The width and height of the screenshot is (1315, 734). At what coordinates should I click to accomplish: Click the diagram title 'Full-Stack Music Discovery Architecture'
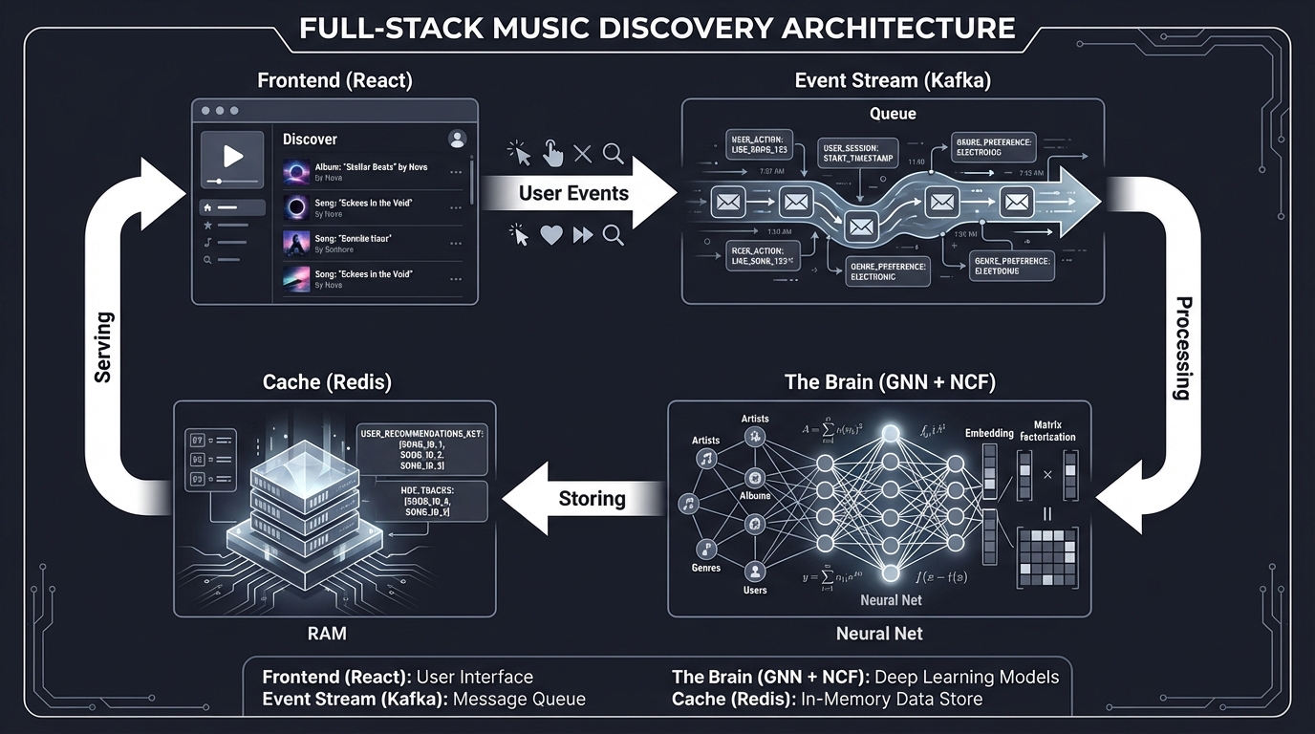[657, 27]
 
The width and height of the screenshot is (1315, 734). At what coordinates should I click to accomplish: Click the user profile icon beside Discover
[457, 139]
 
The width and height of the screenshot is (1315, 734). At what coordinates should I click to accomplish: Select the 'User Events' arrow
[573, 193]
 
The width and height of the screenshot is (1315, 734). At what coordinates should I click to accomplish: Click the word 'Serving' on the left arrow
[103, 347]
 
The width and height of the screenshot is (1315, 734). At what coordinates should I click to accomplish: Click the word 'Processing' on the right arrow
[1182, 348]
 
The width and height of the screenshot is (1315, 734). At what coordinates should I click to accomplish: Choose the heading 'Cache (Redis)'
[327, 382]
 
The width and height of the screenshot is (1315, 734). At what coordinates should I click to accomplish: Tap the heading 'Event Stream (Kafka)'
[893, 80]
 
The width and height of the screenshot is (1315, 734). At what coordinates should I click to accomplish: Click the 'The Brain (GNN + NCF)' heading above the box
[890, 382]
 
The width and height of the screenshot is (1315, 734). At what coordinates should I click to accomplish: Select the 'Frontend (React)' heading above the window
[334, 80]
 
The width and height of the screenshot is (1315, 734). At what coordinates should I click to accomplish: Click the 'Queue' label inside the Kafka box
[893, 114]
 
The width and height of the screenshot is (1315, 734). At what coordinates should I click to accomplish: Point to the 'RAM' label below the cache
[327, 633]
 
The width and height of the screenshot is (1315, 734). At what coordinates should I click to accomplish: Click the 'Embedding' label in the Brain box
[989, 433]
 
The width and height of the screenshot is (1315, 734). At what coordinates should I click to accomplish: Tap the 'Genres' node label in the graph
[705, 568]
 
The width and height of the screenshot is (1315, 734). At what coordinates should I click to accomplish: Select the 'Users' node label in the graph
[755, 590]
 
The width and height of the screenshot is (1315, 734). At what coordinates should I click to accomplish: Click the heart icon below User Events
[551, 235]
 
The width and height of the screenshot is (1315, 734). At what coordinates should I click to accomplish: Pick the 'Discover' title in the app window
[310, 140]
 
